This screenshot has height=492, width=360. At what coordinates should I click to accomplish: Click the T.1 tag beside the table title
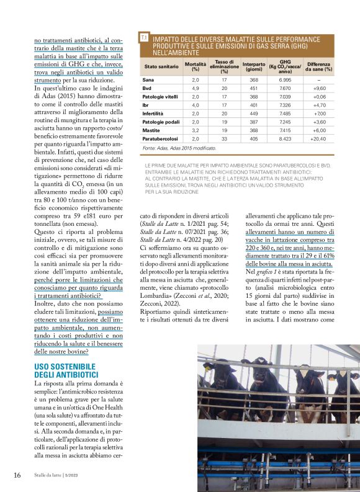click(x=143, y=38)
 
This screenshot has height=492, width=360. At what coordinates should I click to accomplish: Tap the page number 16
click(x=17, y=475)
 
